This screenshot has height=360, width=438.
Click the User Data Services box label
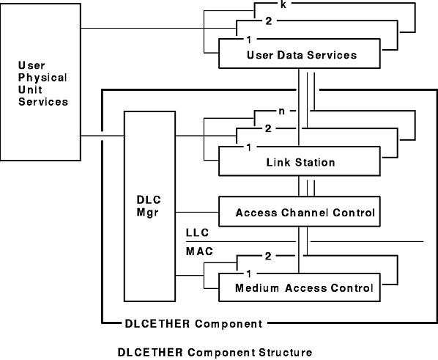(x=302, y=55)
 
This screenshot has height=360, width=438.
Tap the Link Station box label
(x=300, y=162)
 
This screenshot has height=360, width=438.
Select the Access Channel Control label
(x=305, y=213)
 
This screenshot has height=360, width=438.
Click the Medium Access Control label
(x=304, y=288)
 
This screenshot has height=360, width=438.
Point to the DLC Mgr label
(x=149, y=206)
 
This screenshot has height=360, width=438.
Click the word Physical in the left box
(x=42, y=78)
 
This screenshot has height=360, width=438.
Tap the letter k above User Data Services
(x=283, y=4)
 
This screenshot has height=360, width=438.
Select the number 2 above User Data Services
(x=269, y=21)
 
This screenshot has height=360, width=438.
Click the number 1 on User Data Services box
(x=249, y=40)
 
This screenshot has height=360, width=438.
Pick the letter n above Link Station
(x=281, y=111)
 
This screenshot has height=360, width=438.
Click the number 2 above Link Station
(x=268, y=128)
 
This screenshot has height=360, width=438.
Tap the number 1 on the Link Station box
(x=249, y=147)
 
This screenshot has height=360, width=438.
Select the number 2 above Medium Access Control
(x=268, y=256)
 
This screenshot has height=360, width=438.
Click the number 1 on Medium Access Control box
(x=249, y=273)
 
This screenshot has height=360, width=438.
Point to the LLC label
(x=198, y=232)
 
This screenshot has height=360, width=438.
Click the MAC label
(x=199, y=251)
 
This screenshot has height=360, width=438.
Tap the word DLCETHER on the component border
(x=157, y=323)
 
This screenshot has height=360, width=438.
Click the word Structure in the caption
(x=285, y=353)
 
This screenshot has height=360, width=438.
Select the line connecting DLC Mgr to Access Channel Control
(x=197, y=213)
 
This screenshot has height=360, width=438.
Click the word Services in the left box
(x=43, y=101)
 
